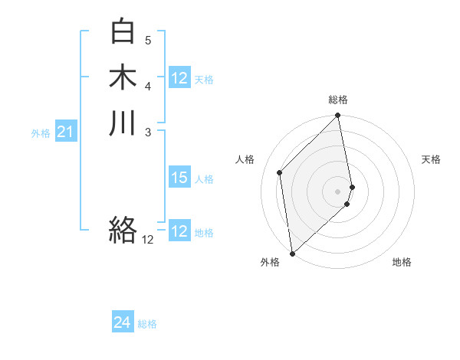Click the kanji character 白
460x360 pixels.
point(123,31)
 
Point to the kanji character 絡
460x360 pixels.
point(123,229)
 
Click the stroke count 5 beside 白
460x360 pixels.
point(148,40)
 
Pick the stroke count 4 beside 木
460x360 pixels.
point(148,86)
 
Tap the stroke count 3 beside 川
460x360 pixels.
point(148,132)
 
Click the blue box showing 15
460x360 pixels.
point(179,178)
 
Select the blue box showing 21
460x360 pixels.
point(66,133)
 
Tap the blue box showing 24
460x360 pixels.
point(123,323)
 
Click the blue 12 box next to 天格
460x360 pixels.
point(179,78)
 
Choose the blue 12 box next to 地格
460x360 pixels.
point(179,232)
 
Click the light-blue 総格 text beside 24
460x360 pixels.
point(147,324)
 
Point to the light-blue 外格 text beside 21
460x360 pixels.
point(41,133)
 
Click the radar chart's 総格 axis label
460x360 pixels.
point(338,100)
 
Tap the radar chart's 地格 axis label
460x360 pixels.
point(402,262)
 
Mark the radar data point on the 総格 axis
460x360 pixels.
point(338,116)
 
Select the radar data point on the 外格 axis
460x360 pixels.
point(292,253)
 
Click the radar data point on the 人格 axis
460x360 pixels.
point(280,172)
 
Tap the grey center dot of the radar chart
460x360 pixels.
point(338,191)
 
